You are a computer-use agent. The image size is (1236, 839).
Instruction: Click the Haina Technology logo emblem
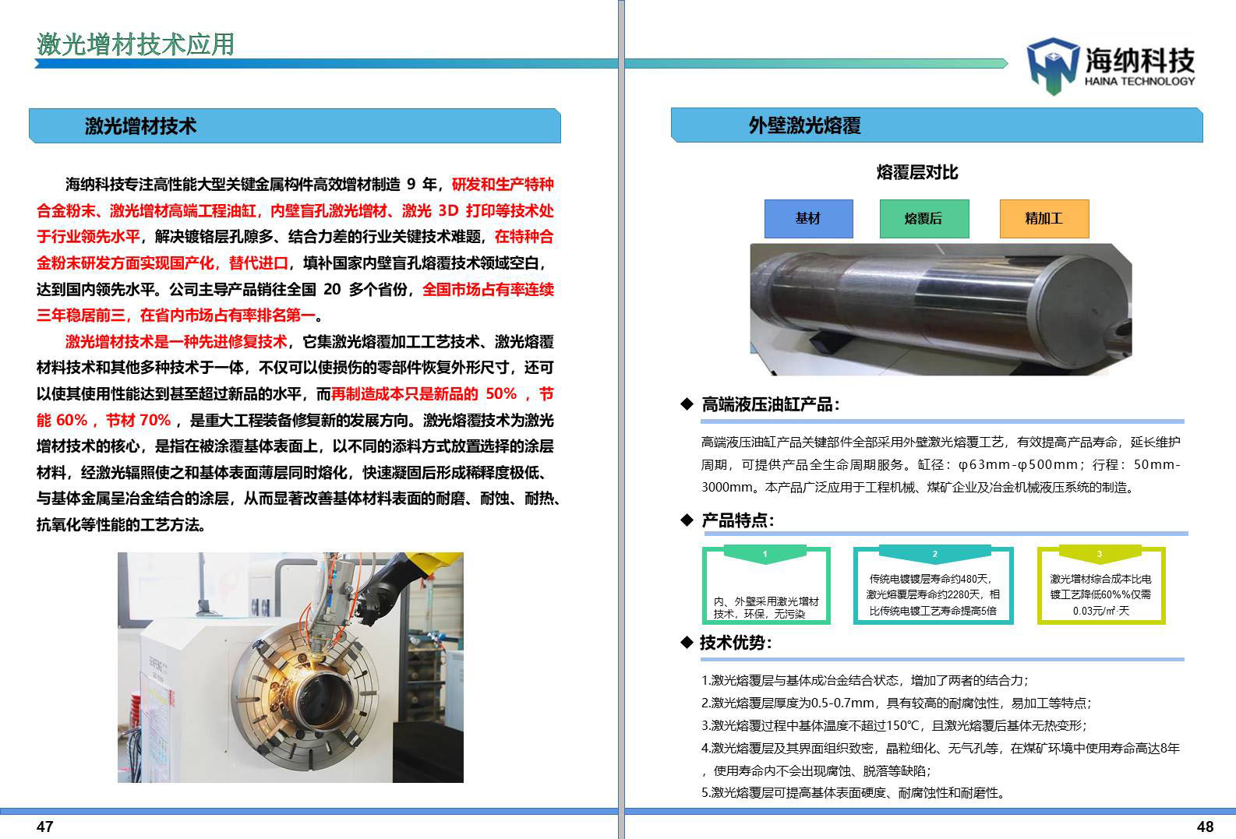pyautogui.click(x=1052, y=65)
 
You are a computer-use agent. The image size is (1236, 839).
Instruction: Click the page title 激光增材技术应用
pyautogui.click(x=136, y=44)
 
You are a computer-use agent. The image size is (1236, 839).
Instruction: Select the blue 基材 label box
pyautogui.click(x=808, y=218)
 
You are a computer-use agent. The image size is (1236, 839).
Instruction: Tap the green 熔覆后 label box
pyautogui.click(x=924, y=218)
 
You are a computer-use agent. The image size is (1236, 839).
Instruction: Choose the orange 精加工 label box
pyautogui.click(x=1044, y=218)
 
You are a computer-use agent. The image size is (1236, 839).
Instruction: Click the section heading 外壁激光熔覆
pyautogui.click(x=804, y=125)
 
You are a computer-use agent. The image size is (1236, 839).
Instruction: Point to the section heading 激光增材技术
pyautogui.click(x=141, y=125)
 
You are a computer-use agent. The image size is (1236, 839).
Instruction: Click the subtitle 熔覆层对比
pyautogui.click(x=917, y=172)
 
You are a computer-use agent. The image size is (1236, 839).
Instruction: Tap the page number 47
pyautogui.click(x=45, y=827)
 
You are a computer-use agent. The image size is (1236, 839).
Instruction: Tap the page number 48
pyautogui.click(x=1205, y=827)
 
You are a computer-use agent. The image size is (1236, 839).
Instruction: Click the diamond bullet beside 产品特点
pyautogui.click(x=687, y=520)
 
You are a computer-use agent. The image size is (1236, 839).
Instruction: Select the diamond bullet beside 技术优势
pyautogui.click(x=687, y=642)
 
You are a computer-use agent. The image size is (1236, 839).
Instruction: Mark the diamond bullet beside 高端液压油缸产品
pyautogui.click(x=687, y=404)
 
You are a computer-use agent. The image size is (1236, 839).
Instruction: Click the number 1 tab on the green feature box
pyautogui.click(x=765, y=553)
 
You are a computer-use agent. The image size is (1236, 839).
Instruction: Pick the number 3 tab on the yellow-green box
pyautogui.click(x=1100, y=553)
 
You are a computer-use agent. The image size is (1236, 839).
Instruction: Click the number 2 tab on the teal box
pyautogui.click(x=934, y=553)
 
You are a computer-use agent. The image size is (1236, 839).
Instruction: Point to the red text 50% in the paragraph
pyautogui.click(x=501, y=394)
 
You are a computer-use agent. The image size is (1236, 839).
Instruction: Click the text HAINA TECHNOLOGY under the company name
pyautogui.click(x=1139, y=81)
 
